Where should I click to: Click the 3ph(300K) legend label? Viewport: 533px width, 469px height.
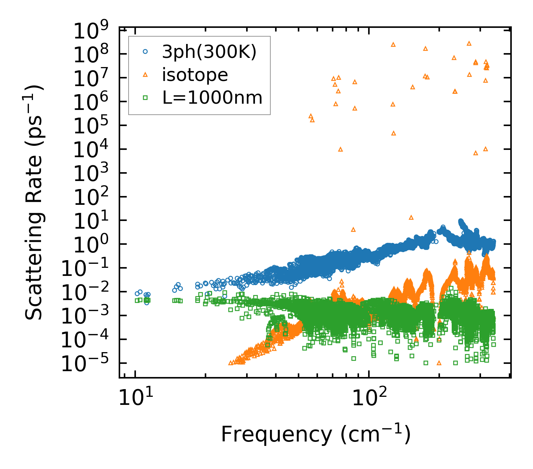coord(209,52)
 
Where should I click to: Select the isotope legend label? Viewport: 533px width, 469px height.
coord(195,75)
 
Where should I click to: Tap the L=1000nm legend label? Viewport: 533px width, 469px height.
coord(212,97)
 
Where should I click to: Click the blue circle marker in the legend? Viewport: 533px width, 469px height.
coord(145,52)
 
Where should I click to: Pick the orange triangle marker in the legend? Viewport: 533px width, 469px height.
coord(145,75)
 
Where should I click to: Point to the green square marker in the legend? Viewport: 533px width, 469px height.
coord(145,97)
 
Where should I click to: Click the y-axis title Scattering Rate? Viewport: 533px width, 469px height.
coord(34,202)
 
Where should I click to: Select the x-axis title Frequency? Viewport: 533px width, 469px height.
coord(315,435)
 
